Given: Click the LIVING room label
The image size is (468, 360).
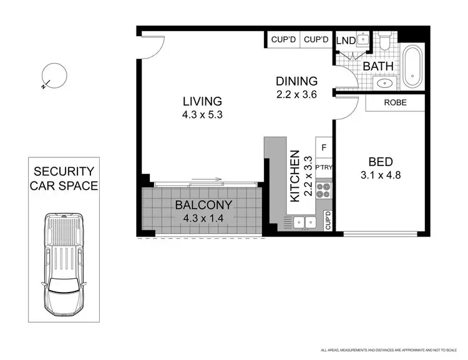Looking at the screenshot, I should (202, 101).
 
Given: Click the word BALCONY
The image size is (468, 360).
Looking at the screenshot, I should (203, 205).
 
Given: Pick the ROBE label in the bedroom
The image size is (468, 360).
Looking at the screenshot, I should (396, 103).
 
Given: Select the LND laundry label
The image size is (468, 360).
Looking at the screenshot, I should (346, 41).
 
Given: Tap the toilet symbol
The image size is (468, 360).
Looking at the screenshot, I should (384, 42).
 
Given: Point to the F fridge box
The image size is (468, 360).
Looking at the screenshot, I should (323, 148).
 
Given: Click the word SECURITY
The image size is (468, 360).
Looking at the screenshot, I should (64, 171).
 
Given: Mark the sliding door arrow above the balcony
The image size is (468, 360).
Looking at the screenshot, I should (207, 180).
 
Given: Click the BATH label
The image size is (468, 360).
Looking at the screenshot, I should (378, 65).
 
